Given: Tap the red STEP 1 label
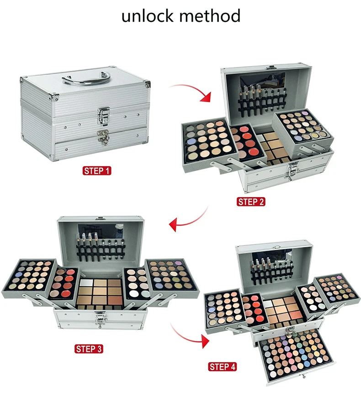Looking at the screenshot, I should click(96, 171).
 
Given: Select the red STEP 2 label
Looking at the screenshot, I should click(251, 201).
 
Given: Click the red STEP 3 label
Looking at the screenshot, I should click(89, 349).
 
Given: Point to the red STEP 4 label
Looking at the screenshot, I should click(223, 367).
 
